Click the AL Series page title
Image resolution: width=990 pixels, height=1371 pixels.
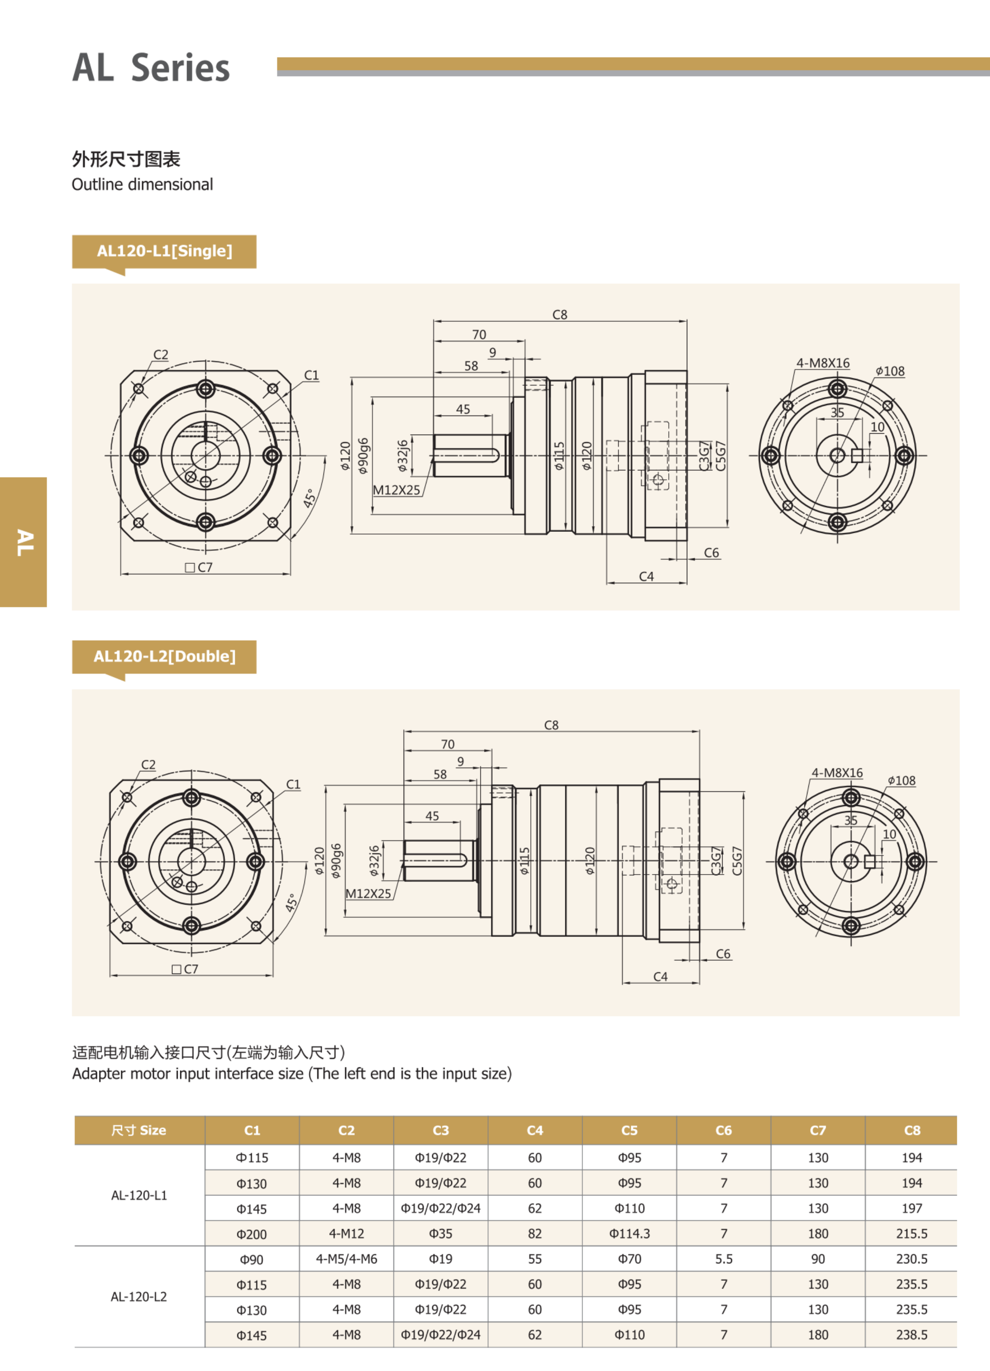(151, 67)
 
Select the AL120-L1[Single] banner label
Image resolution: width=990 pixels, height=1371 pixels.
(164, 251)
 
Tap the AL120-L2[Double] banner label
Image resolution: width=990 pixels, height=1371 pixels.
(164, 657)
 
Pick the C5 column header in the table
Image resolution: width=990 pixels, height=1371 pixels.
(629, 1130)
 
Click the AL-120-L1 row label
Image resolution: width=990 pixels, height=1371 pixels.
(139, 1195)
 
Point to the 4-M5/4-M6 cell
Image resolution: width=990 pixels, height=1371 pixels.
(346, 1259)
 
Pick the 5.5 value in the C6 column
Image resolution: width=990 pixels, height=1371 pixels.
(723, 1259)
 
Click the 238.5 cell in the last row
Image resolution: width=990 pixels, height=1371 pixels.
(911, 1335)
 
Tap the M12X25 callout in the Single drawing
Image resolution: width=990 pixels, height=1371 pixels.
(396, 490)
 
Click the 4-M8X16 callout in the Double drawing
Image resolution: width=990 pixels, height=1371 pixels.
(837, 772)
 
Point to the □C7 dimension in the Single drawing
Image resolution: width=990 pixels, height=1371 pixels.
(199, 567)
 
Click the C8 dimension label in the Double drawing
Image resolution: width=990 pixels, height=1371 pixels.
(551, 725)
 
